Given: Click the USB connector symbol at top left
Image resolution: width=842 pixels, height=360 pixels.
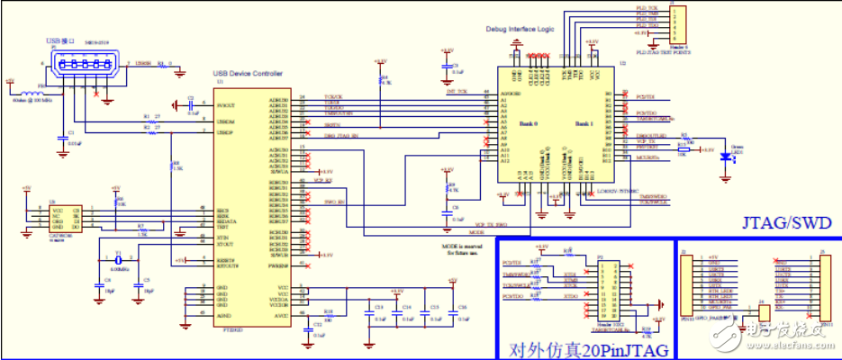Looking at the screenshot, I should (x=85, y=69).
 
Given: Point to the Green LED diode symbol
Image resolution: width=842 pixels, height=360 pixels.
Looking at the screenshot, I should (x=726, y=156).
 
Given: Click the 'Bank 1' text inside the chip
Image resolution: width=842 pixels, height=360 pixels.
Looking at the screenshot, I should (x=579, y=122).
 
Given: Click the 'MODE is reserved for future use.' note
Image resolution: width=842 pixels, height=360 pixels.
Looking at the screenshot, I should (x=463, y=248).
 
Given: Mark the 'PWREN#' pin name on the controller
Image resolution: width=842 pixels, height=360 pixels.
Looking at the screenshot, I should (x=279, y=266).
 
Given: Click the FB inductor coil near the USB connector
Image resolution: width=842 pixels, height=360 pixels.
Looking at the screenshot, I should (x=40, y=91).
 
